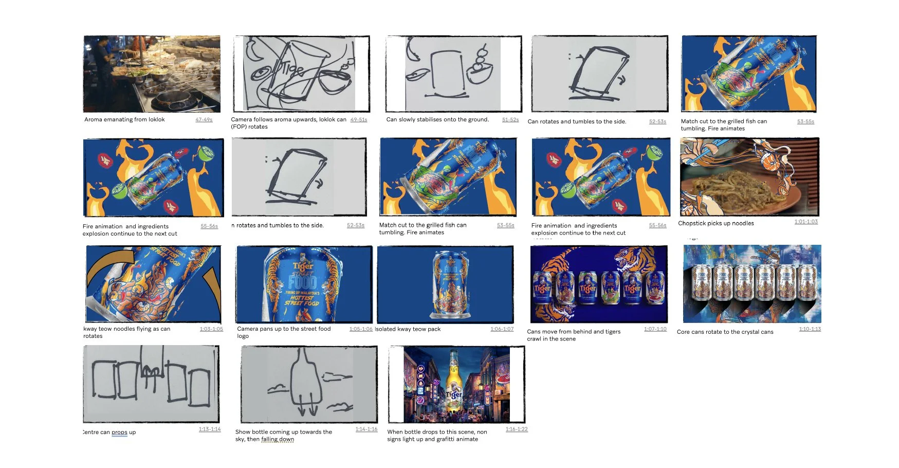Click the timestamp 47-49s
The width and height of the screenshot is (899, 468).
(204, 120)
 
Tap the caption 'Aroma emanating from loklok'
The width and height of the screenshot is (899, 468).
(124, 120)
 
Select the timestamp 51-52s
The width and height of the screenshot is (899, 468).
(510, 120)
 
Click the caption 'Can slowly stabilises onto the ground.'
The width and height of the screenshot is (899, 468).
(437, 120)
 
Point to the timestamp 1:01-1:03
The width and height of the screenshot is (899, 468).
(805, 222)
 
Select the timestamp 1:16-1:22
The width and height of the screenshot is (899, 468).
(516, 429)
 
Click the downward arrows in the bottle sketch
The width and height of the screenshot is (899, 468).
(307, 409)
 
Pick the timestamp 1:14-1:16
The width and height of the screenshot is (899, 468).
(366, 429)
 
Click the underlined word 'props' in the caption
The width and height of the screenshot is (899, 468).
(119, 433)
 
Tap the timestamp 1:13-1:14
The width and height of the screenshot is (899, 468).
(210, 429)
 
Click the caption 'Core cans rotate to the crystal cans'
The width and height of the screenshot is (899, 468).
(725, 332)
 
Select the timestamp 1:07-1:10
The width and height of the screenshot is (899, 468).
(655, 329)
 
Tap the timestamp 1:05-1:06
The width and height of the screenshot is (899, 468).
(360, 329)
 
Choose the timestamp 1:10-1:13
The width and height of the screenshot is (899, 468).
(810, 329)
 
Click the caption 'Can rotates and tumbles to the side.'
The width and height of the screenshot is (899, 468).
(577, 122)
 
